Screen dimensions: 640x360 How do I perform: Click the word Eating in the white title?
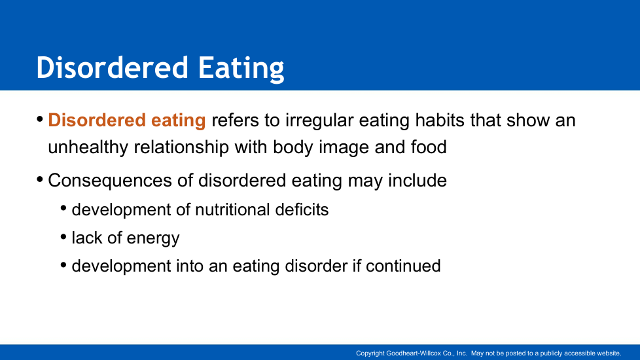point(241,68)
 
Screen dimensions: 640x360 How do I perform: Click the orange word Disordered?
point(97,120)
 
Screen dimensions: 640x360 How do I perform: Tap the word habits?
point(440,120)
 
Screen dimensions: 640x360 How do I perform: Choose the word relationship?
point(181,147)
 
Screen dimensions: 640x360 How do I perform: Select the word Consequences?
point(110,181)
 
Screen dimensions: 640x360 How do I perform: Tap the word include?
point(417,181)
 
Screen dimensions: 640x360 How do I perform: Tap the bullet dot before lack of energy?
point(63,237)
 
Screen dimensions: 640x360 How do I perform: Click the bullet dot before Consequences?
point(40,179)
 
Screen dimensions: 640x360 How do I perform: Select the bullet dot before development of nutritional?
point(63,208)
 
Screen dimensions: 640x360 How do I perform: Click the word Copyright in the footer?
point(370,353)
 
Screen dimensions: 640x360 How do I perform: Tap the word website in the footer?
point(609,353)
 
